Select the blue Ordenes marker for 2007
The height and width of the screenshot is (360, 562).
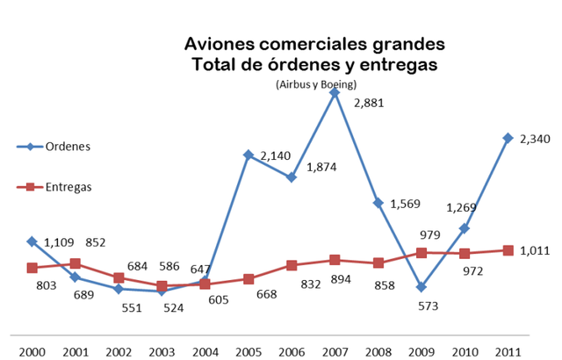point(335,91)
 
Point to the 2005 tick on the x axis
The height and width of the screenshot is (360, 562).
point(249,351)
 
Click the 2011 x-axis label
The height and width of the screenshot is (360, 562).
point(507,351)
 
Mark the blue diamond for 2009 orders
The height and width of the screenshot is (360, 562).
point(421,287)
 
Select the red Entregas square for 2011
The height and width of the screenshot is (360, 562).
point(508,250)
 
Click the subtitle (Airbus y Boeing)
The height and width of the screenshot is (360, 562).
point(314,84)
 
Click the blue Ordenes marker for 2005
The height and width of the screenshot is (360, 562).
point(249,155)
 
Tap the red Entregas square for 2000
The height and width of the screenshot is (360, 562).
point(32,268)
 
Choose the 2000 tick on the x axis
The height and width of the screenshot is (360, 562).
point(32,351)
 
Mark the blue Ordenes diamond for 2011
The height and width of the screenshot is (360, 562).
point(508,138)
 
